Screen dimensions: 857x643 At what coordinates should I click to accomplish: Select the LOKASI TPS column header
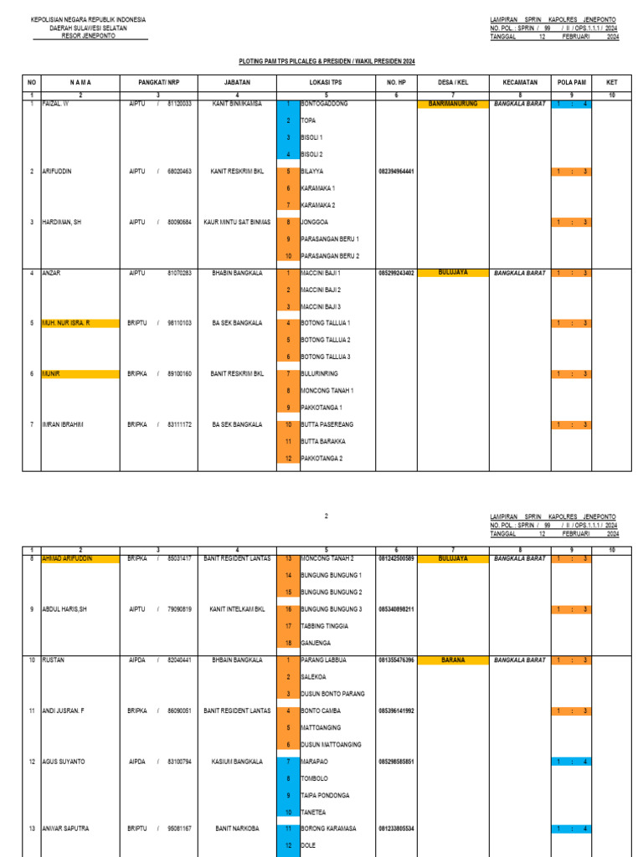pyautogui.click(x=325, y=82)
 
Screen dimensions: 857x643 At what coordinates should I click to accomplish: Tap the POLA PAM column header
pyautogui.click(x=571, y=82)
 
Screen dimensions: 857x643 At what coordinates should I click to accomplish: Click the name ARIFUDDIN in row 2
pyautogui.click(x=57, y=172)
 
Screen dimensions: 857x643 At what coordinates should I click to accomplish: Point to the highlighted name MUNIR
pyautogui.click(x=52, y=374)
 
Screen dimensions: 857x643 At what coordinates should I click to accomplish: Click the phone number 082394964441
pyautogui.click(x=397, y=172)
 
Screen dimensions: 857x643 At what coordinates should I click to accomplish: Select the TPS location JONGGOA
pyautogui.click(x=315, y=222)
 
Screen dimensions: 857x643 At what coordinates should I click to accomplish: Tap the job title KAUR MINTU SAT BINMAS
pyautogui.click(x=237, y=222)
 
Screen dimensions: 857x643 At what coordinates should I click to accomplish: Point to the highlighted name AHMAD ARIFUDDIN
pyautogui.click(x=67, y=558)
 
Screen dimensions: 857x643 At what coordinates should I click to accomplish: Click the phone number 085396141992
pyautogui.click(x=397, y=711)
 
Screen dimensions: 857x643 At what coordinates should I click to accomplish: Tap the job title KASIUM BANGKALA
pyautogui.click(x=237, y=762)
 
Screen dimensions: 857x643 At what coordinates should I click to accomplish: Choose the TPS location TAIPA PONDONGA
pyautogui.click(x=326, y=795)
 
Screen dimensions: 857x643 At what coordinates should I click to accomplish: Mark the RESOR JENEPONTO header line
pyautogui.click(x=88, y=36)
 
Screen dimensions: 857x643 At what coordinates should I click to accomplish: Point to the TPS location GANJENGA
pyautogui.click(x=317, y=643)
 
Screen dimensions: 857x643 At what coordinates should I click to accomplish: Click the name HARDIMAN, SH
pyautogui.click(x=62, y=222)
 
